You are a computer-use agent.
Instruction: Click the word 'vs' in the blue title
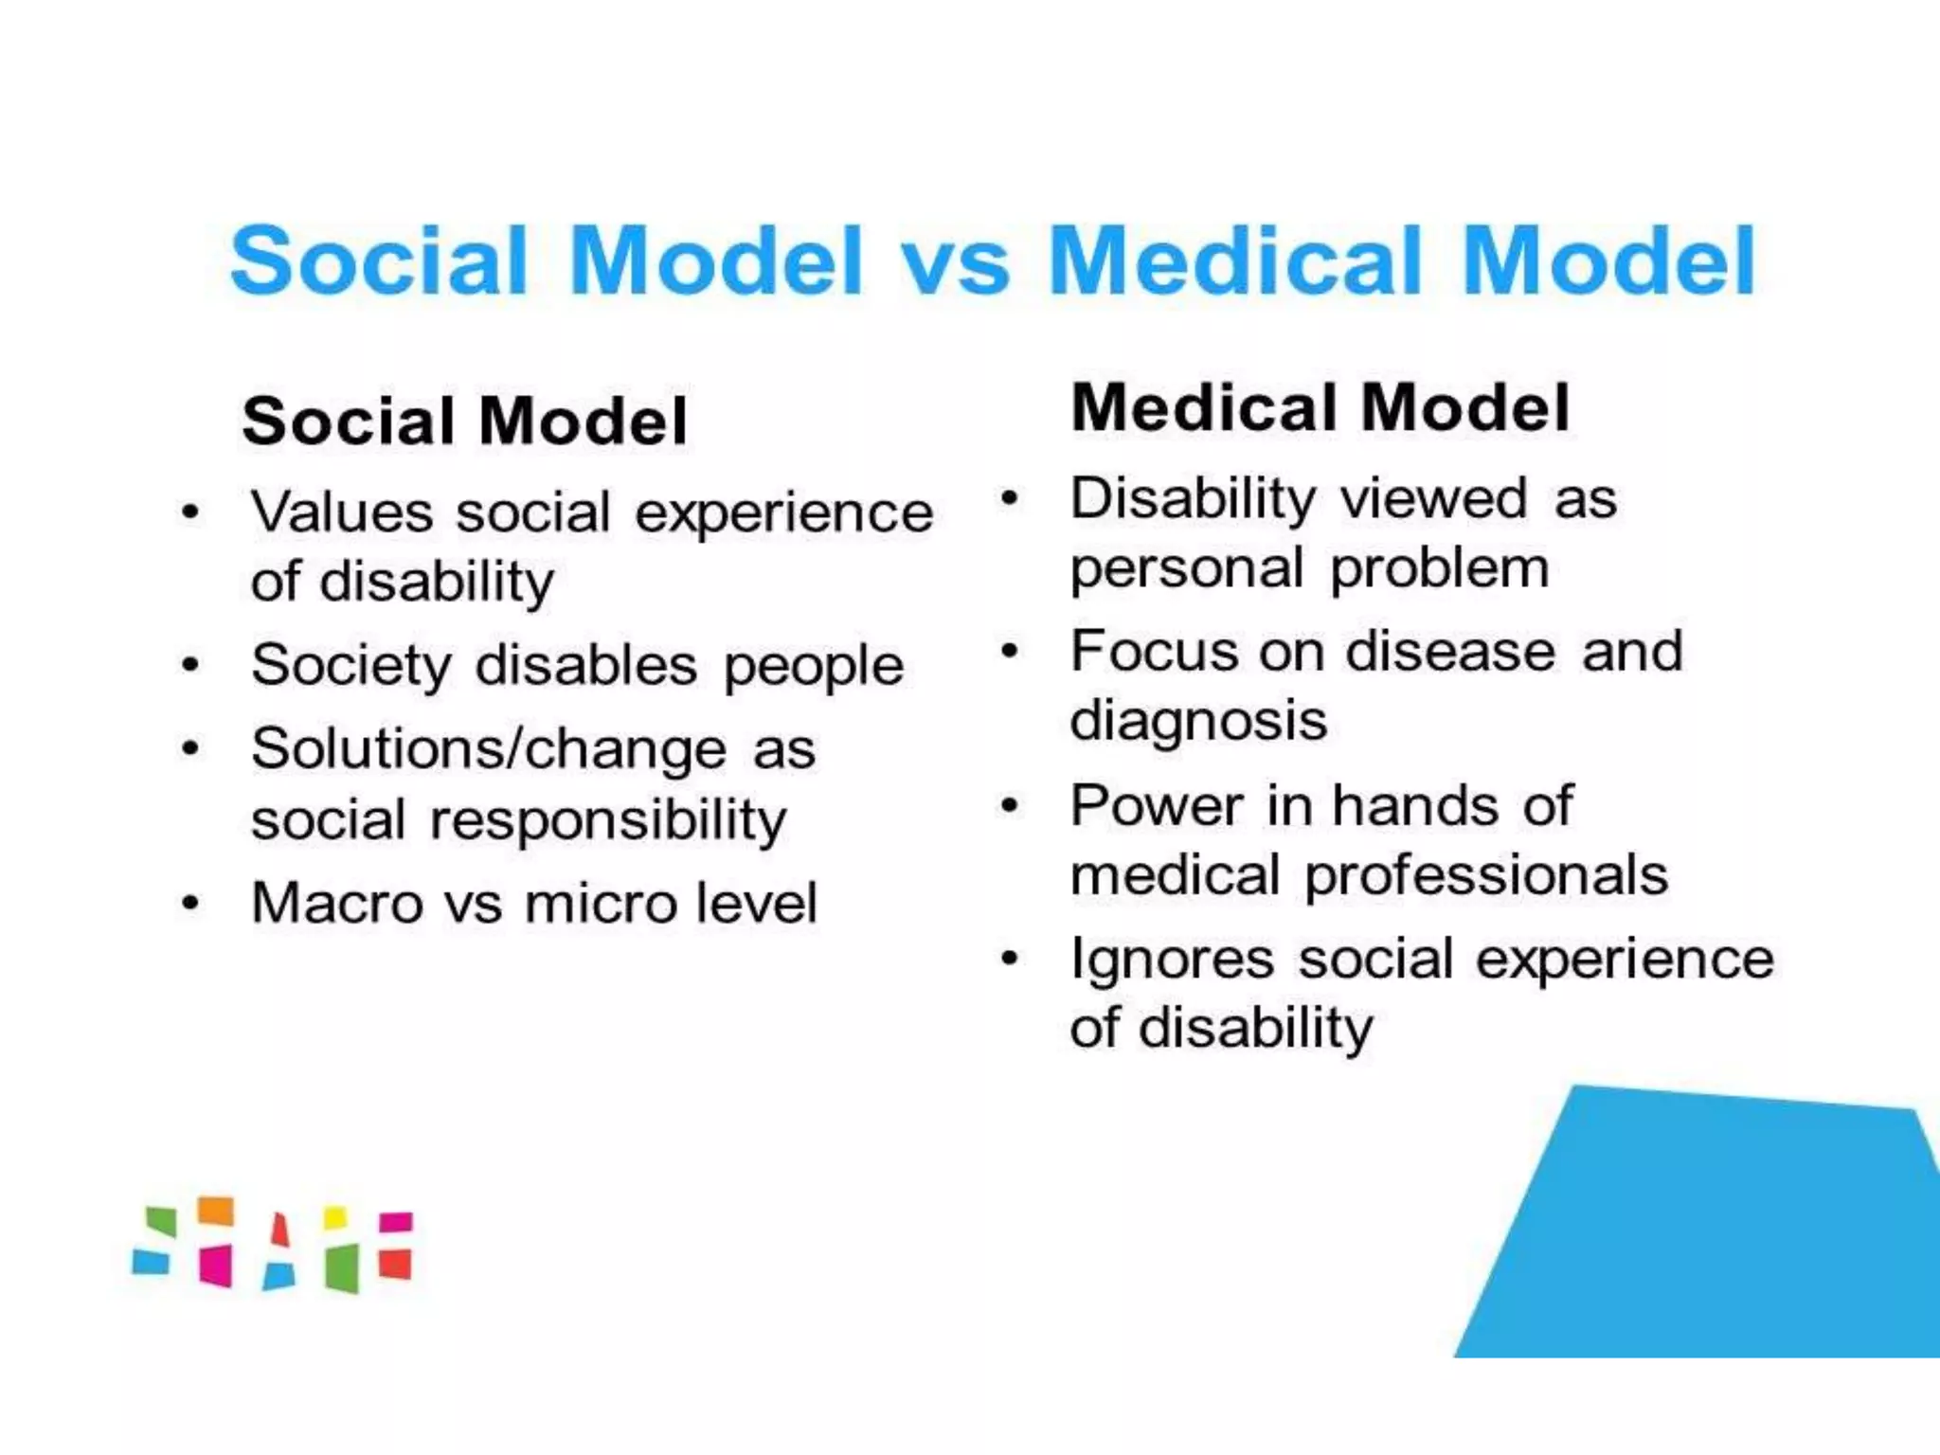pyautogui.click(x=954, y=262)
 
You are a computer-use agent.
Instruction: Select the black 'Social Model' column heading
pyautogui.click(x=464, y=421)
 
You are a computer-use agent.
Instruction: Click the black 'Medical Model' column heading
pyautogui.click(x=1320, y=407)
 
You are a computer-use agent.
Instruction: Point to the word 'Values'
pyautogui.click(x=341, y=512)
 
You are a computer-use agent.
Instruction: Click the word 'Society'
pyautogui.click(x=350, y=665)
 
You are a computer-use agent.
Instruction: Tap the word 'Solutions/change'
pyautogui.click(x=488, y=748)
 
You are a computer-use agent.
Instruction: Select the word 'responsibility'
pyautogui.click(x=608, y=819)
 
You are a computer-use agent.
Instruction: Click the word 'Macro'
pyautogui.click(x=336, y=903)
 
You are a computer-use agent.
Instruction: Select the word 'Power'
pyautogui.click(x=1157, y=806)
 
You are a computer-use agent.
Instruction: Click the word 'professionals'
pyautogui.click(x=1486, y=874)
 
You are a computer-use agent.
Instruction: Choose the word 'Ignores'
pyautogui.click(x=1172, y=960)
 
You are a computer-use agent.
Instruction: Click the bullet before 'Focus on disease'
pyautogui.click(x=1010, y=652)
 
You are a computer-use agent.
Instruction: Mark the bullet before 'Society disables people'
pyautogui.click(x=190, y=665)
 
